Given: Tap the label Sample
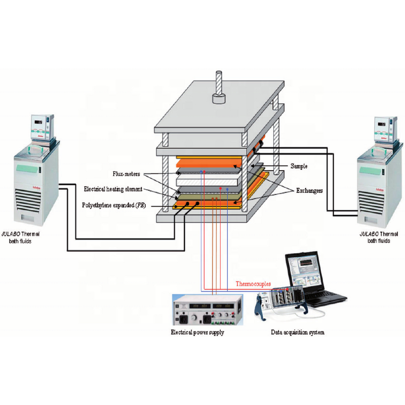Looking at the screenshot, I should pyautogui.click(x=299, y=166).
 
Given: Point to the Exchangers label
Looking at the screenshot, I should pyautogui.click(x=308, y=191).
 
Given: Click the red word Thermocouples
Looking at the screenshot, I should pyautogui.click(x=253, y=284).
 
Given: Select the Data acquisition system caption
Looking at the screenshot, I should pyautogui.click(x=297, y=333).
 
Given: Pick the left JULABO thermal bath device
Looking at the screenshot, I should pyautogui.click(x=32, y=172).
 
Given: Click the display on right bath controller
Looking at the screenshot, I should pyautogui.click(x=383, y=123).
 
